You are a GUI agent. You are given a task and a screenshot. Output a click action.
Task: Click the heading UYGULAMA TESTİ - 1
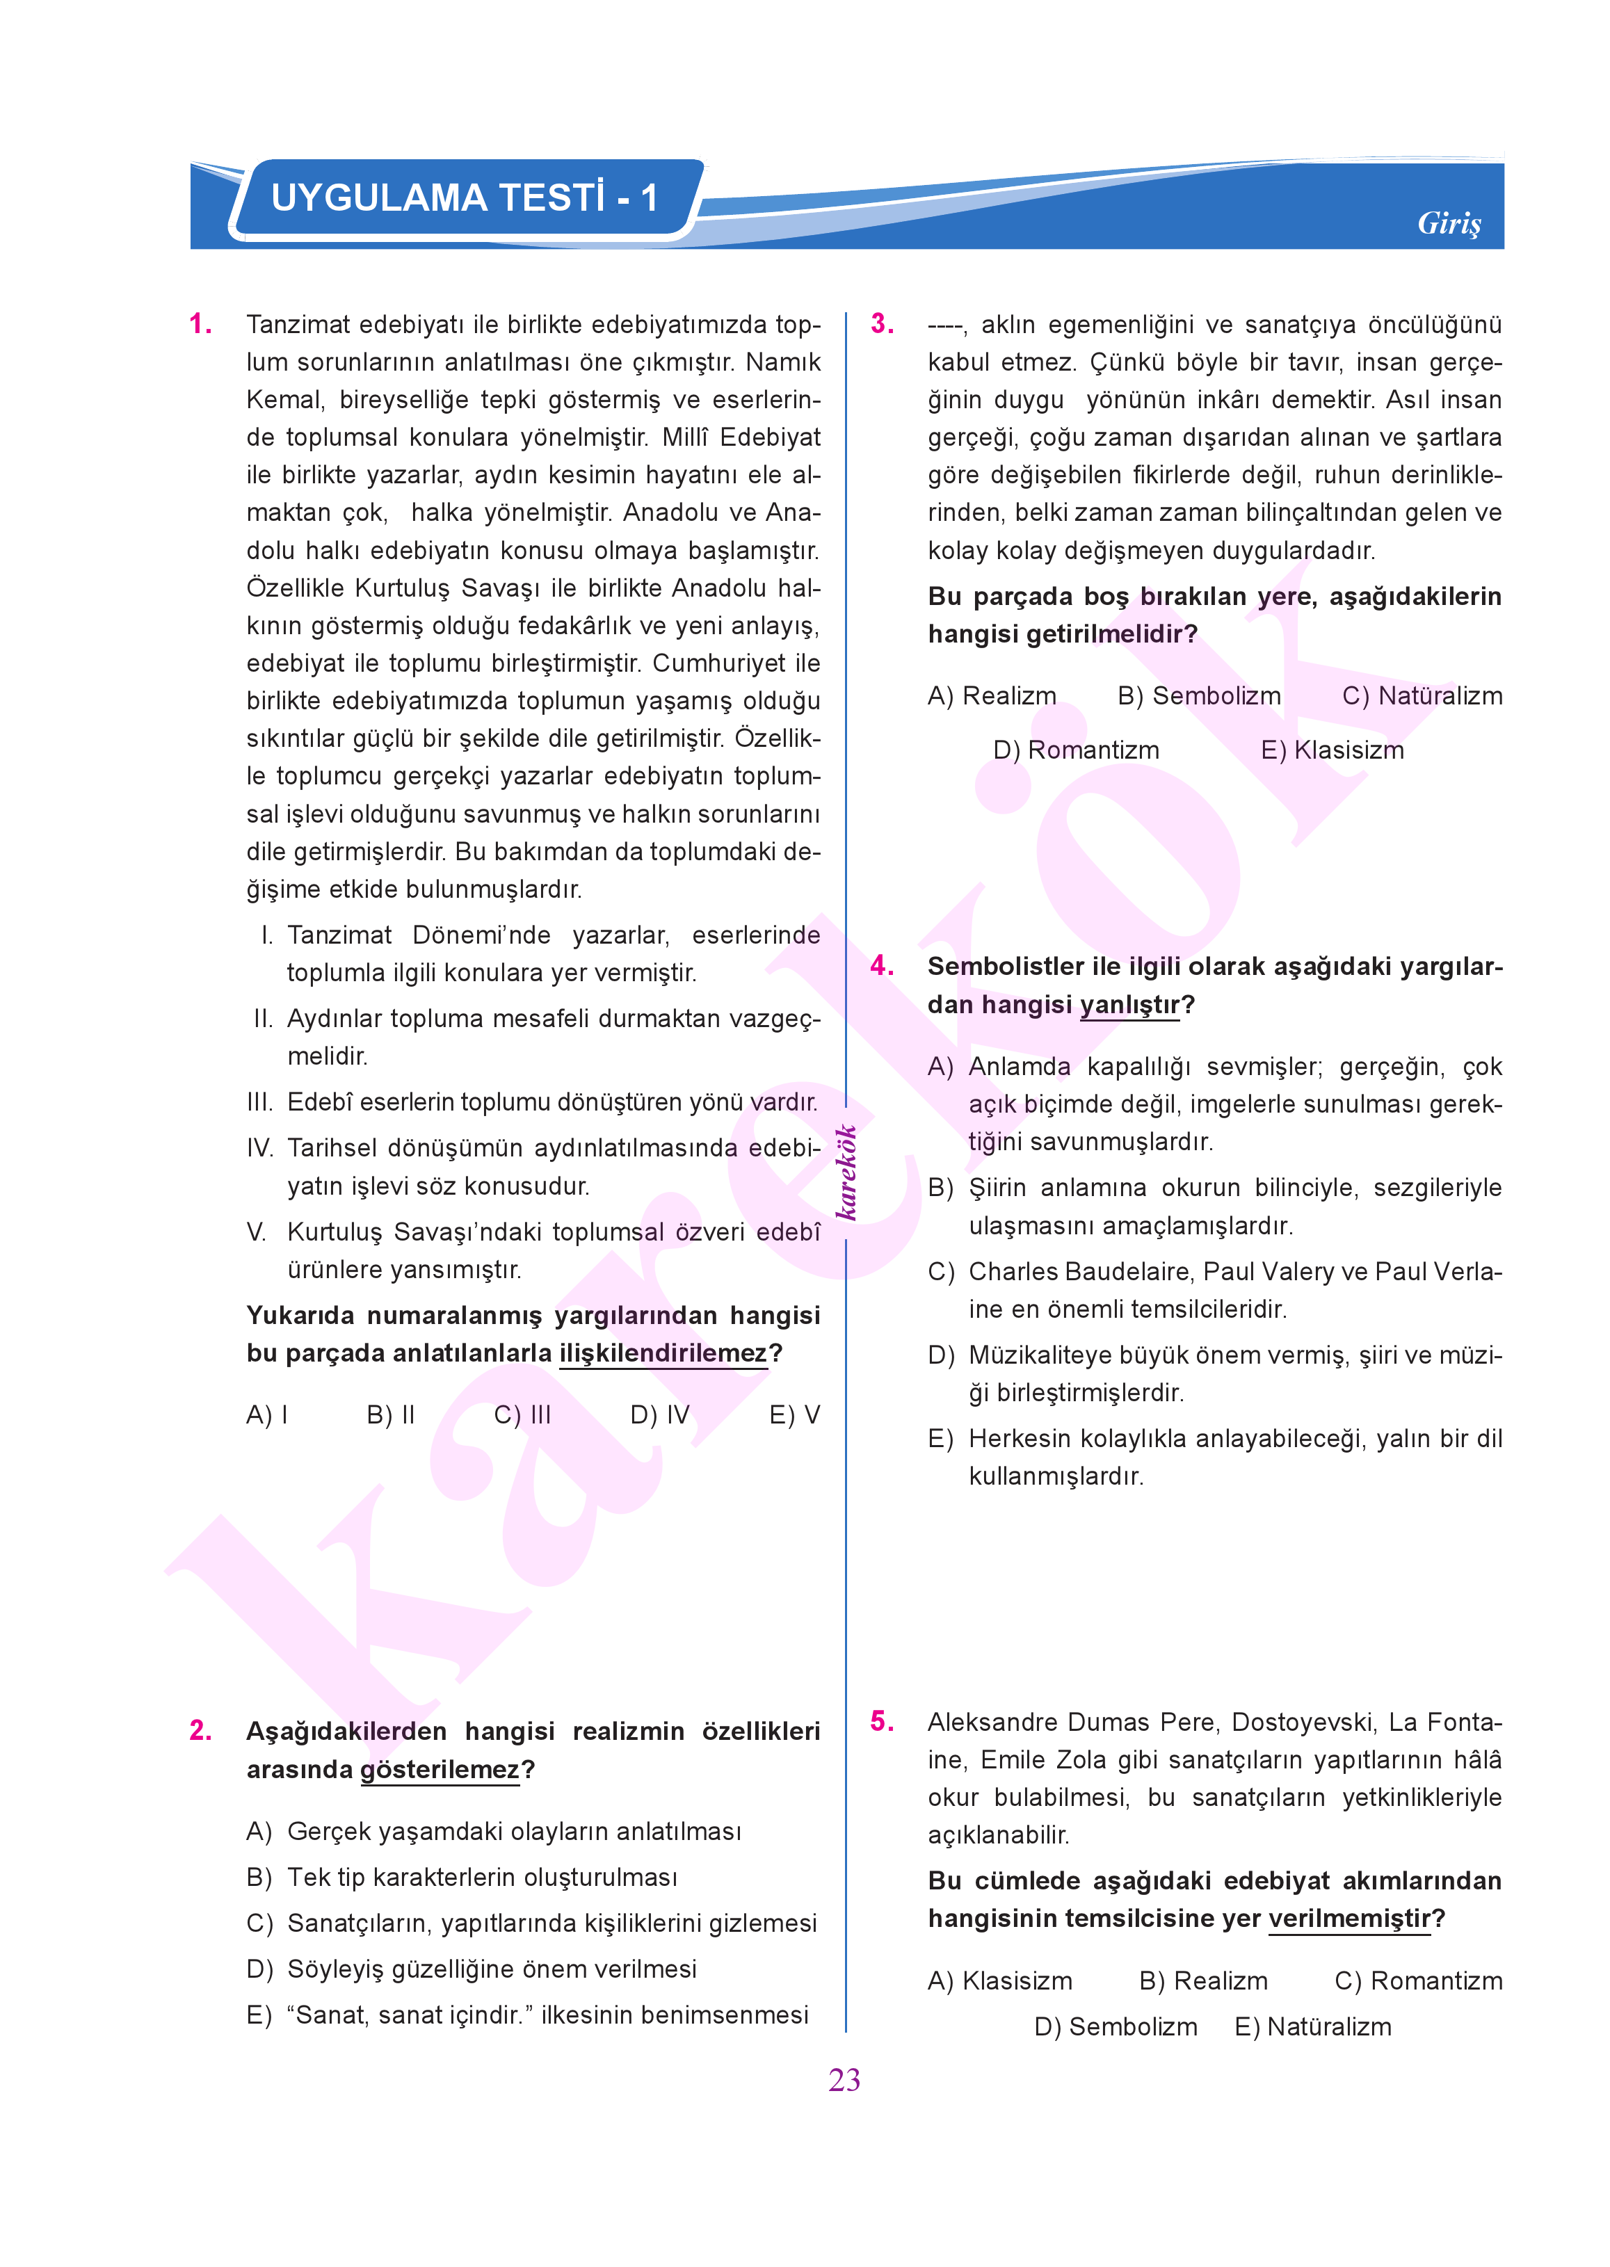(464, 197)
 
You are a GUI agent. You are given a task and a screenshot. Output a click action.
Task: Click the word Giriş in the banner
(1449, 223)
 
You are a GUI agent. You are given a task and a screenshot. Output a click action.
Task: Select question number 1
(200, 324)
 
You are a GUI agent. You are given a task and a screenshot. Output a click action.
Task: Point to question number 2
(200, 1731)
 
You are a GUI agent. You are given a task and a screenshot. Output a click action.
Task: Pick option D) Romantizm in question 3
(1076, 750)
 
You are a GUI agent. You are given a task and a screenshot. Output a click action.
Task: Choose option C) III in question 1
(522, 1414)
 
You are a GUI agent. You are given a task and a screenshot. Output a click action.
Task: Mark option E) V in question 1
(794, 1414)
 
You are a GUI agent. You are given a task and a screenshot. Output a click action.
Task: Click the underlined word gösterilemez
(439, 1770)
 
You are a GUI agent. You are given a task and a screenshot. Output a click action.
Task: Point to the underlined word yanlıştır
(1129, 1005)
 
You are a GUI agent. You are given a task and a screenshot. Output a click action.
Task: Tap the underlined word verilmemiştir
(1349, 1919)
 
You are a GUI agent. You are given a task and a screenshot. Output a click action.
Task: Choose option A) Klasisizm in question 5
(999, 1981)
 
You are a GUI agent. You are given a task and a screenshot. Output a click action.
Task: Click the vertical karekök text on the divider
(846, 1172)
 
